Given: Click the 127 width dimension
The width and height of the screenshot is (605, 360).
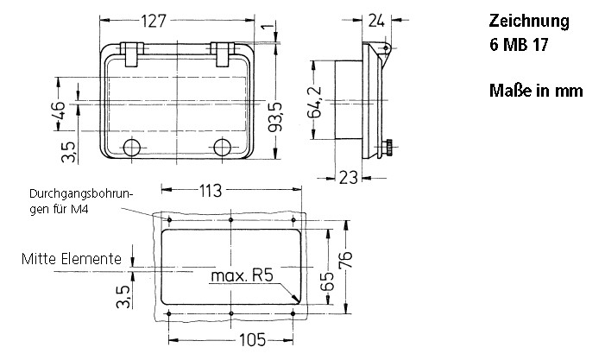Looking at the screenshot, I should (x=178, y=21).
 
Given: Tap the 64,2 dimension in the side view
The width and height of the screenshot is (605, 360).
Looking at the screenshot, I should (x=317, y=102).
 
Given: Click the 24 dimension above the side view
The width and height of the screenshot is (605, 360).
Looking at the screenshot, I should (x=377, y=21).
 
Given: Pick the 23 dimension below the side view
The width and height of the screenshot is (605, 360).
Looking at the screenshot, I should (x=347, y=177).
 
